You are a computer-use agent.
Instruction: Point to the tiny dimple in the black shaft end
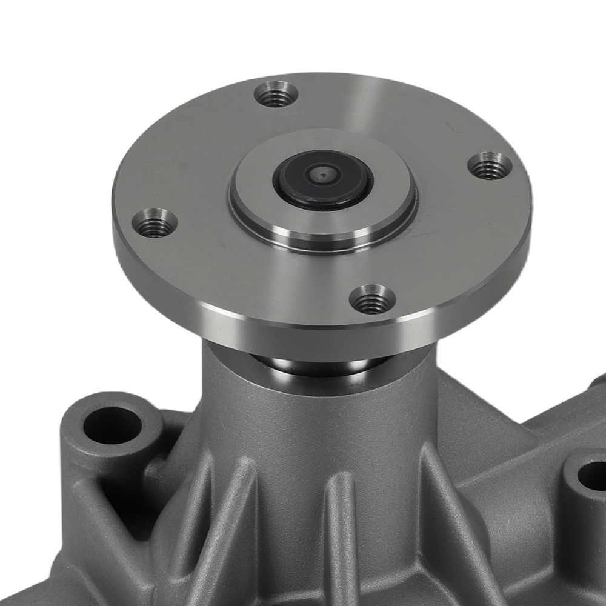(x=321, y=176)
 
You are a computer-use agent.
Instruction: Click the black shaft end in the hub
(x=321, y=179)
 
